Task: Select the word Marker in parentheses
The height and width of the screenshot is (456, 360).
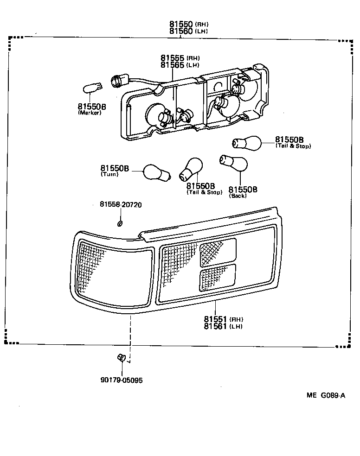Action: pos(90,113)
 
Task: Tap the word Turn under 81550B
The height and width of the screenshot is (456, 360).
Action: pos(109,175)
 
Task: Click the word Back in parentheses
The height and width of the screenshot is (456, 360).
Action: pos(238,196)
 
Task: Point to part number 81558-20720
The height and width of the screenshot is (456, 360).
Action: pos(120,204)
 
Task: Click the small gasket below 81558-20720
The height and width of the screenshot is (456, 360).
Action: pos(120,224)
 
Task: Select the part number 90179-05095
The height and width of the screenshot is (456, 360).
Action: pos(121,380)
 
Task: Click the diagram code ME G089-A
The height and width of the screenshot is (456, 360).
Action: pos(326,395)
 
